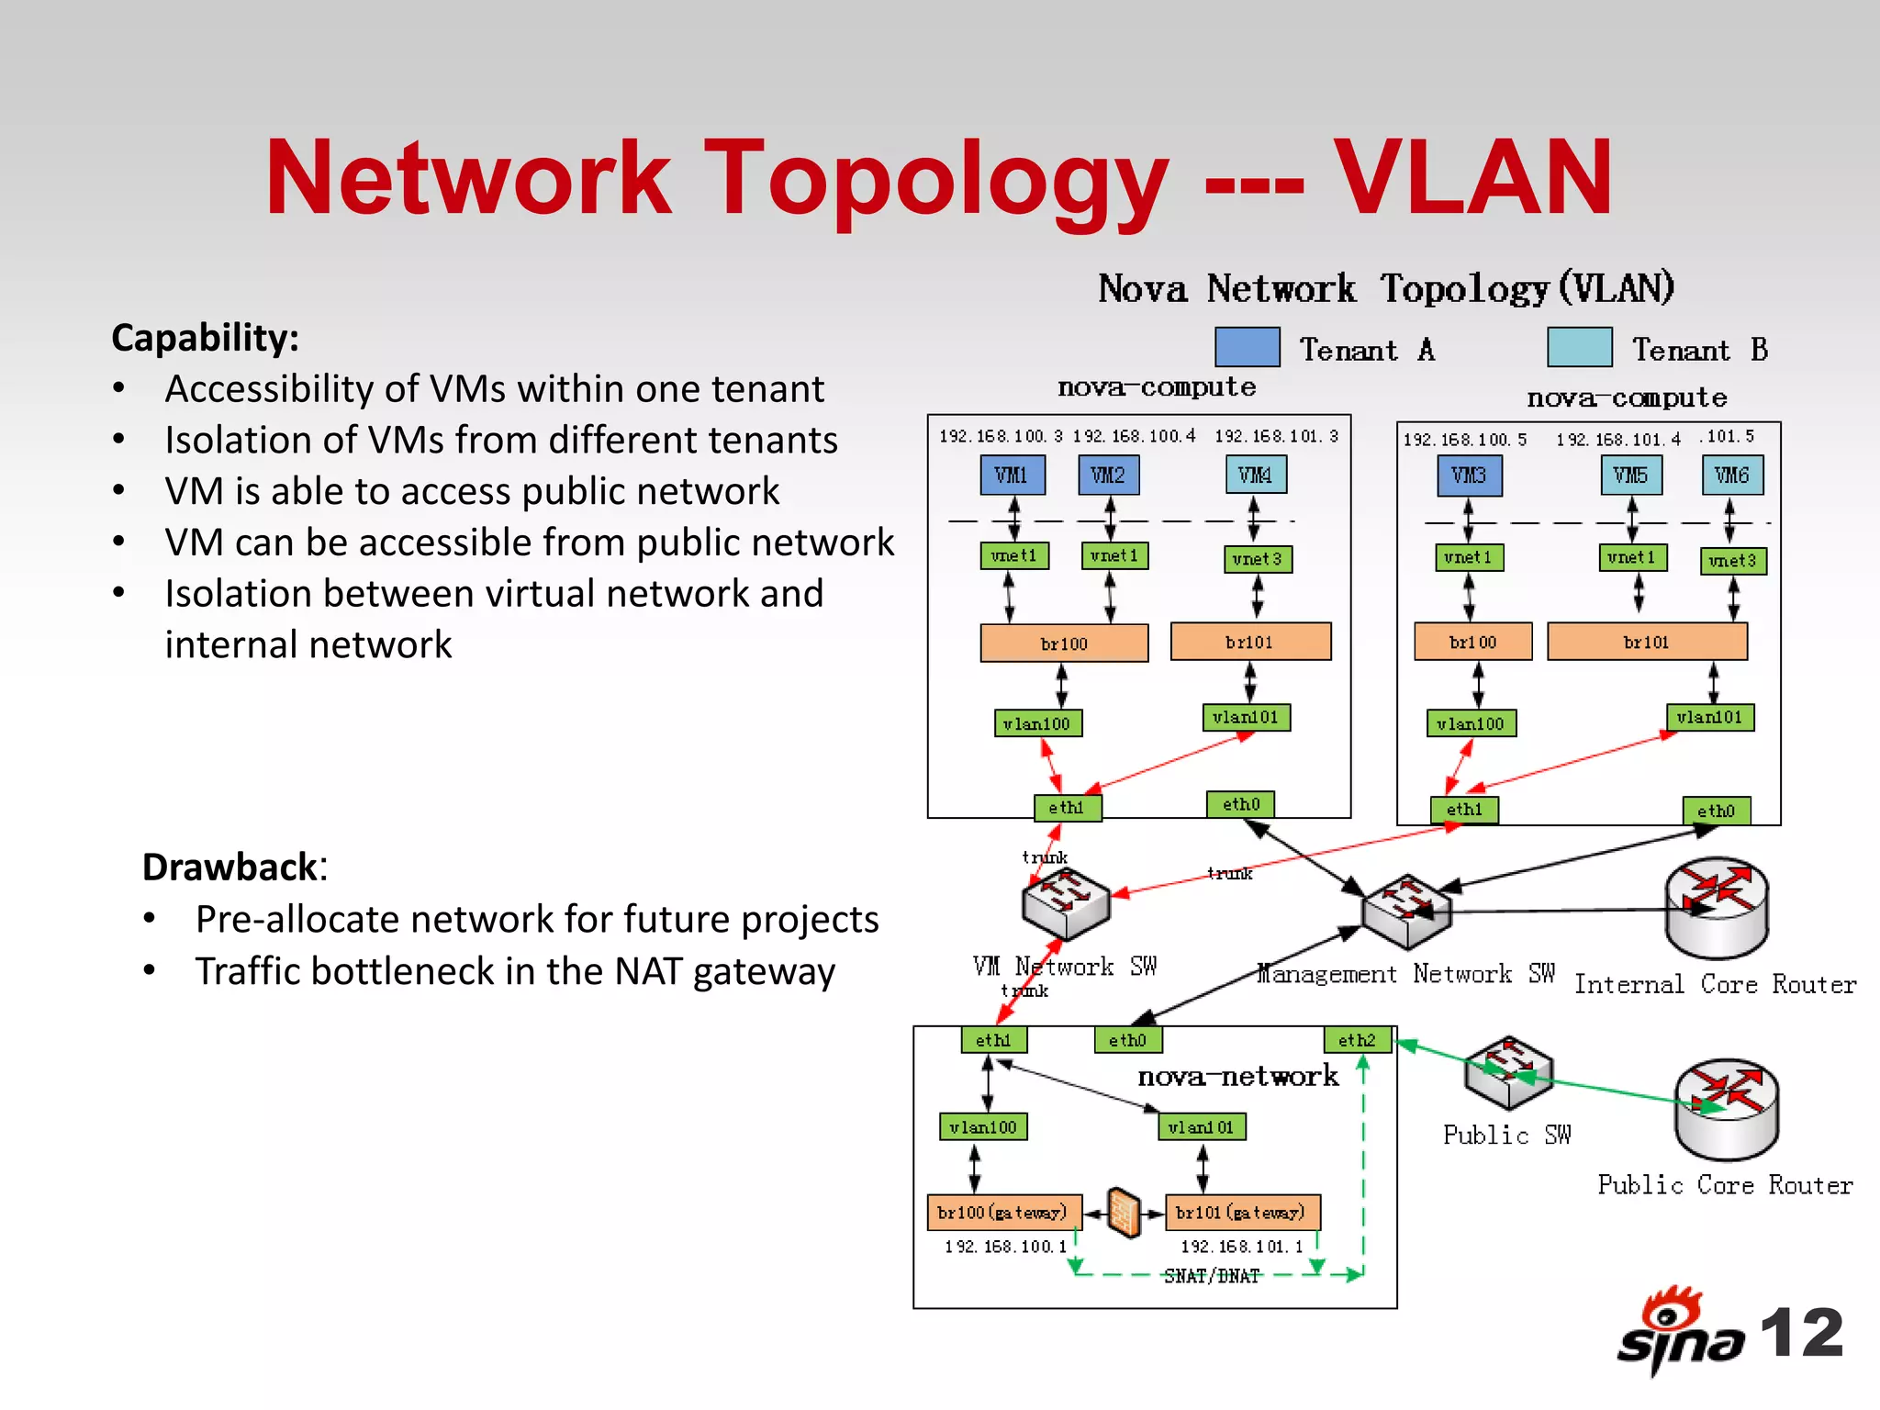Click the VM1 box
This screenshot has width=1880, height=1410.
pyautogui.click(x=1012, y=475)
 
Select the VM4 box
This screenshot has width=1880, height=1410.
pyautogui.click(x=1255, y=475)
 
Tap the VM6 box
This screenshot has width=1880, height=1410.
pyautogui.click(x=1731, y=476)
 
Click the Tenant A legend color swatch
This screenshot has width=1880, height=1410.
pyautogui.click(x=1247, y=347)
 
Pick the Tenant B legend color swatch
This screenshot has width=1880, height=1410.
pyautogui.click(x=1579, y=347)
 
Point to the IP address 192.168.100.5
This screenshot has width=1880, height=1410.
pyautogui.click(x=1464, y=440)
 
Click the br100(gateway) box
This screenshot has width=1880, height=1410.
pyautogui.click(x=1003, y=1212)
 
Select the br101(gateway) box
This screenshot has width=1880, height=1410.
pyautogui.click(x=1241, y=1212)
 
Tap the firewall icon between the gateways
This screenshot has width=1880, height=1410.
pyautogui.click(x=1123, y=1213)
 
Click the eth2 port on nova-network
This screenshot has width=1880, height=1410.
pyautogui.click(x=1357, y=1040)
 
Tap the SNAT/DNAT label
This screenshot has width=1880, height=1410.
pyautogui.click(x=1212, y=1276)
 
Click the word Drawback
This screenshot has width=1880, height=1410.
pyautogui.click(x=229, y=867)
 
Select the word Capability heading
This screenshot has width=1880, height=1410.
pyautogui.click(x=205, y=338)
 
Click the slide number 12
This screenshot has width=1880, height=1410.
pyautogui.click(x=1801, y=1333)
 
